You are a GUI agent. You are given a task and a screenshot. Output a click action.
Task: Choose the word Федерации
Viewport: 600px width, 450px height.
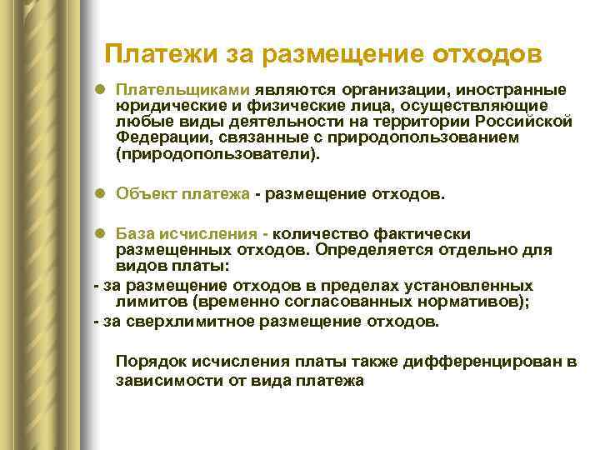154,137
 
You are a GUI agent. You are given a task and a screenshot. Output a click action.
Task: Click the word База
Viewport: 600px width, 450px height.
133,233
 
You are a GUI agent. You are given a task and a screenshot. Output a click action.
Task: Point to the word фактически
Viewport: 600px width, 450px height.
429,233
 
